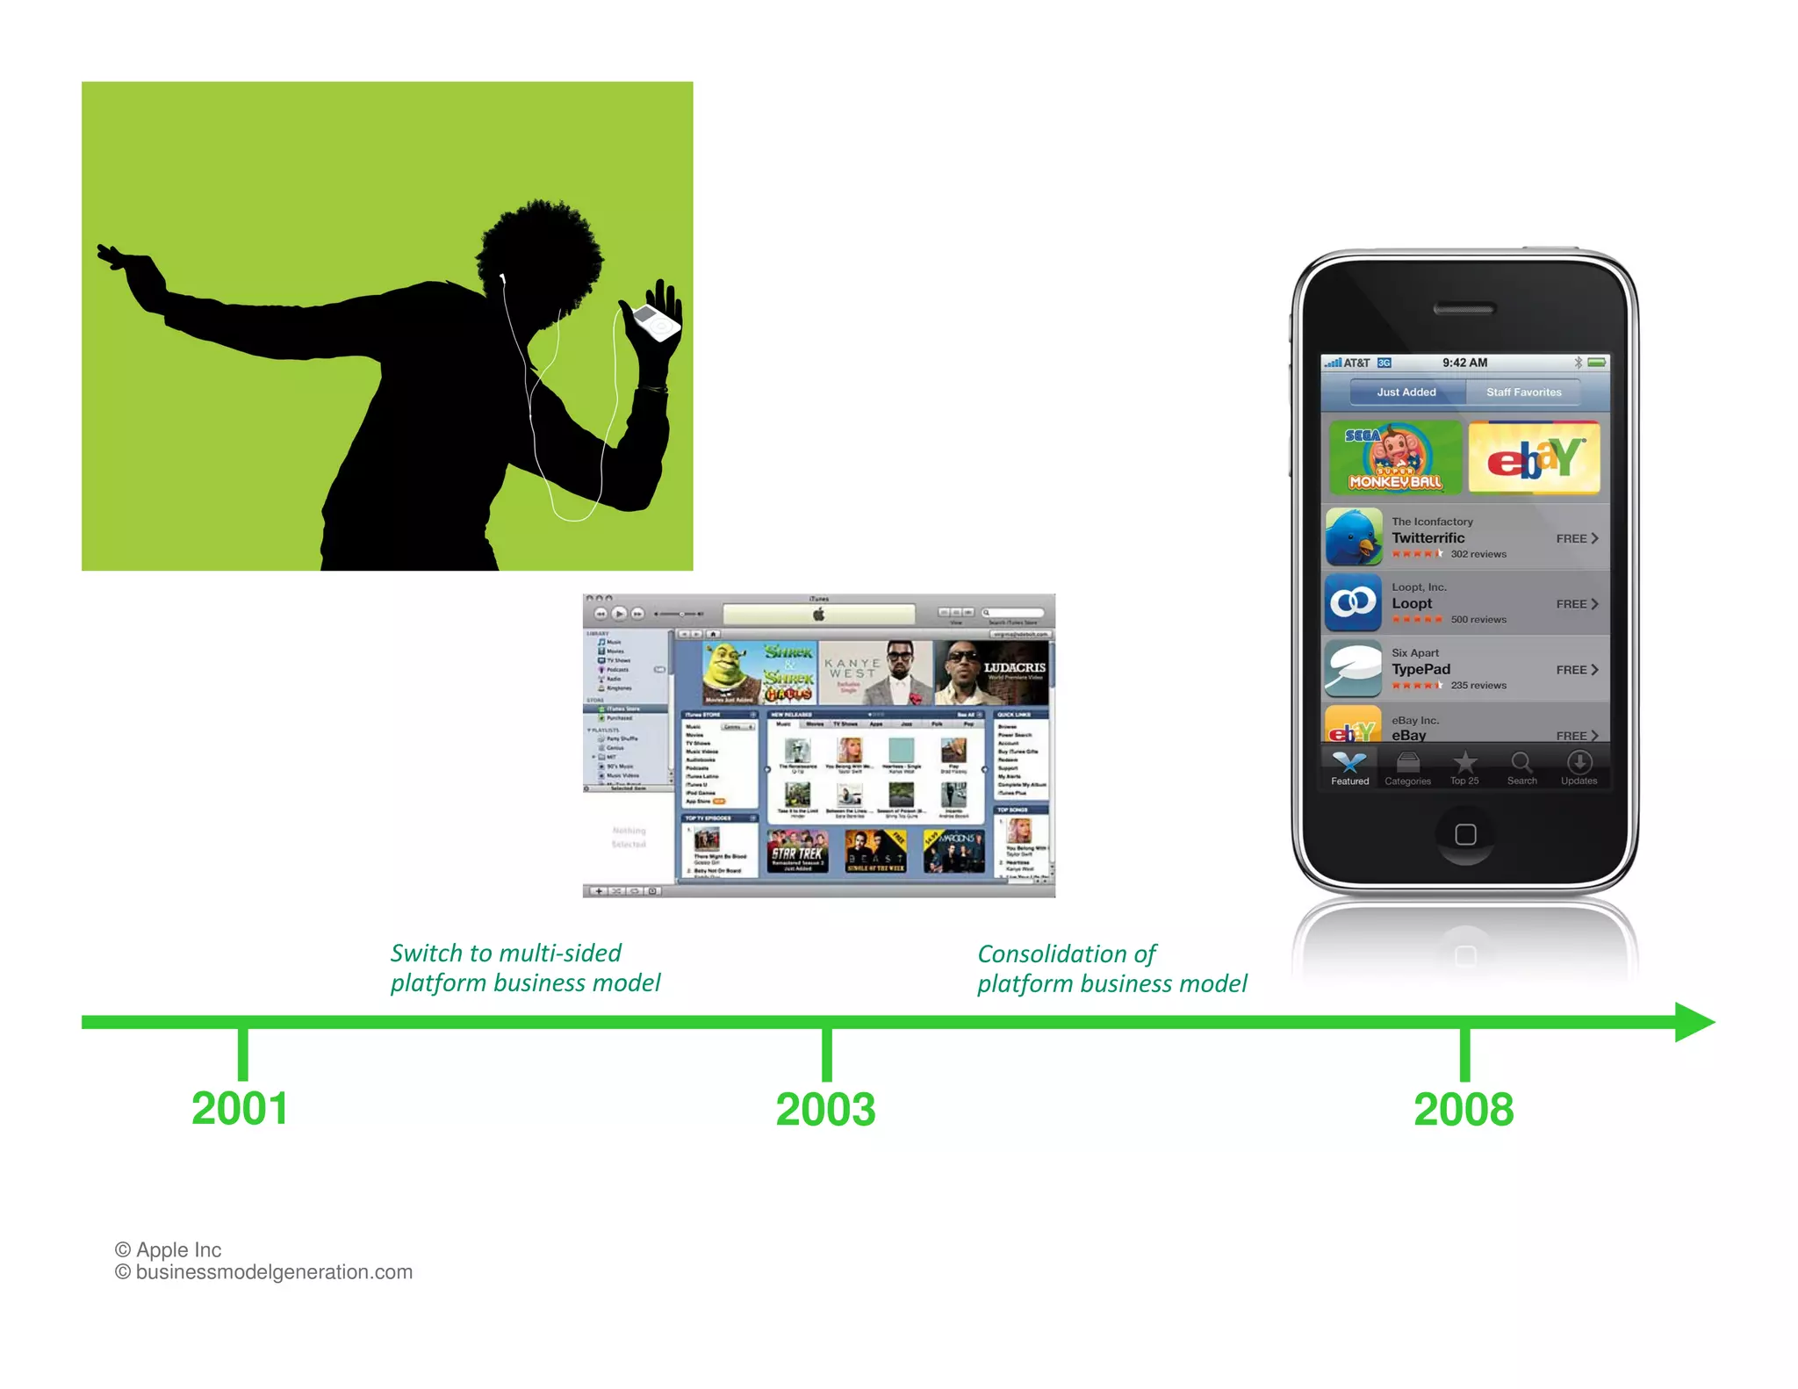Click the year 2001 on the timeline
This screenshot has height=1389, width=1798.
tap(240, 1109)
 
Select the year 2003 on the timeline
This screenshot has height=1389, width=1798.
tap(825, 1110)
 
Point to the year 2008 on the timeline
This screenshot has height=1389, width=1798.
tap(1464, 1110)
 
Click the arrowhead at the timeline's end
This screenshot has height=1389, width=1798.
tap(1694, 1022)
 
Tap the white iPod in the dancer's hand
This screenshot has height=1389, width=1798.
tap(656, 323)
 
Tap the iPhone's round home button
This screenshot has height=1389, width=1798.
tap(1465, 834)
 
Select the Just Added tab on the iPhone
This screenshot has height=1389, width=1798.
tap(1406, 392)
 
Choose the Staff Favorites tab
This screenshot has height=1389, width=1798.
tap(1523, 392)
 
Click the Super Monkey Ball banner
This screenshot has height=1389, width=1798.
tap(1395, 457)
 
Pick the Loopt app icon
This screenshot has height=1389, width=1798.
tap(1353, 603)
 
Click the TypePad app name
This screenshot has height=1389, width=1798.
tap(1420, 669)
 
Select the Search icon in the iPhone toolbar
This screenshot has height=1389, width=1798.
tap(1521, 767)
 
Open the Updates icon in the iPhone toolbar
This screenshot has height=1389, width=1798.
tap(1579, 767)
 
